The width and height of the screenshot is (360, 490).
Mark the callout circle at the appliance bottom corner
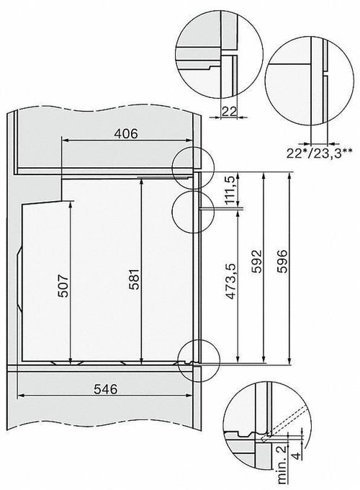[x=195, y=355]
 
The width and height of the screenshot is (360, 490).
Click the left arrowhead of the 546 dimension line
[x=19, y=397]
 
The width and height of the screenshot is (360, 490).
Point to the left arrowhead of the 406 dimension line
[x=65, y=141]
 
